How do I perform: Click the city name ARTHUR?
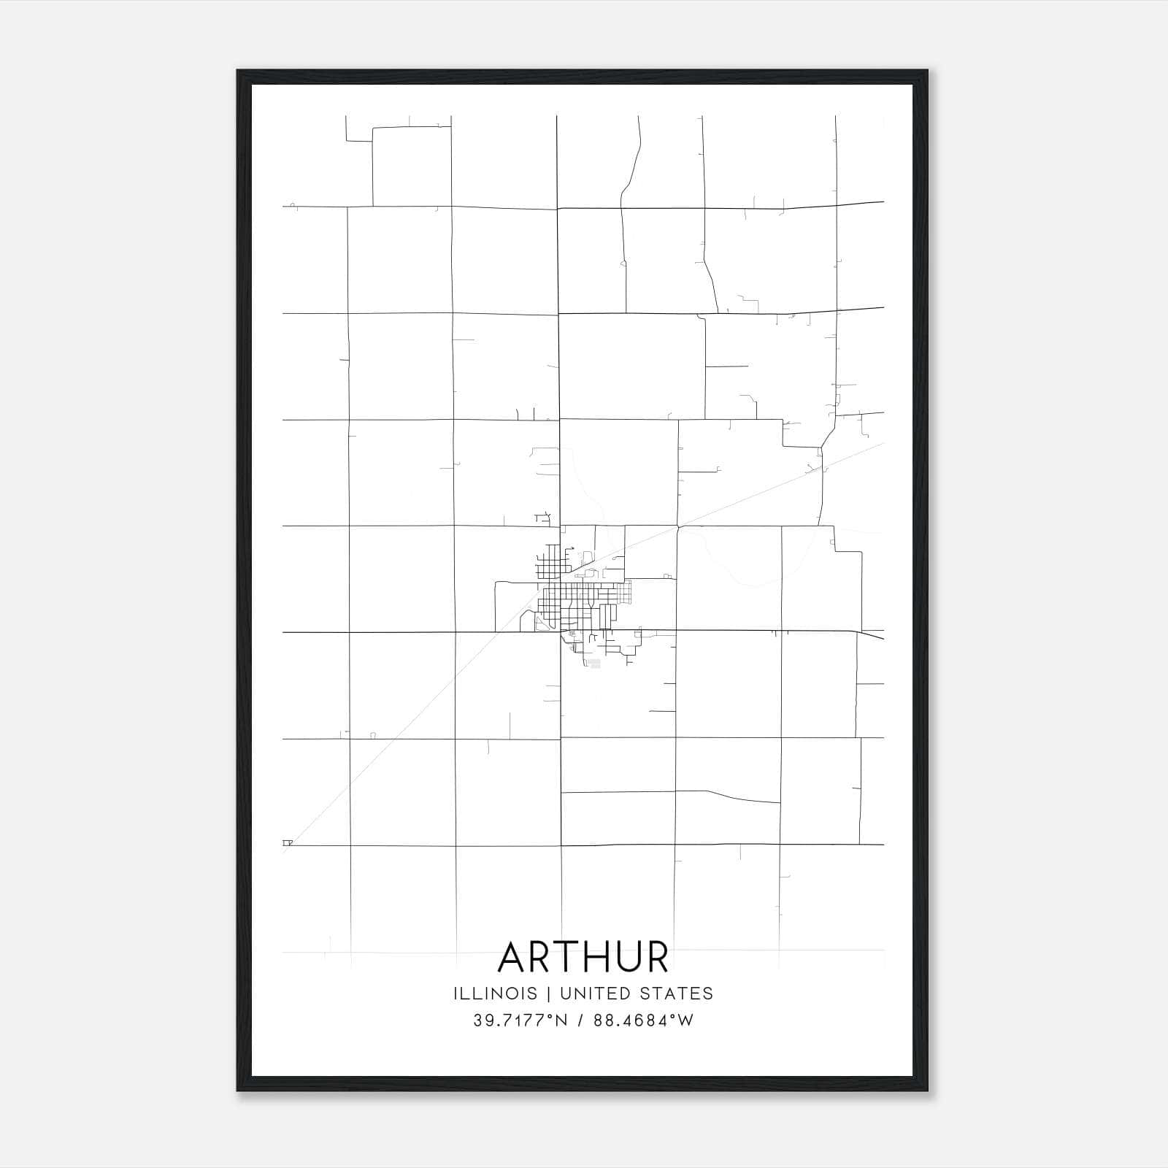tap(583, 957)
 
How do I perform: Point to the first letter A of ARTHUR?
tap(512, 957)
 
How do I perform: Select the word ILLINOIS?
tap(495, 994)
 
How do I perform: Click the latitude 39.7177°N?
tap(520, 1021)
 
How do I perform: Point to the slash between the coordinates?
tap(580, 1021)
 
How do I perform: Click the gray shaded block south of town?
tap(594, 664)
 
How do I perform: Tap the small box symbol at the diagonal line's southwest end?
tap(287, 842)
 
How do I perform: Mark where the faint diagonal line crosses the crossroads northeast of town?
tap(677, 526)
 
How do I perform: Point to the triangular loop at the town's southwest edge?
tap(539, 623)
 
